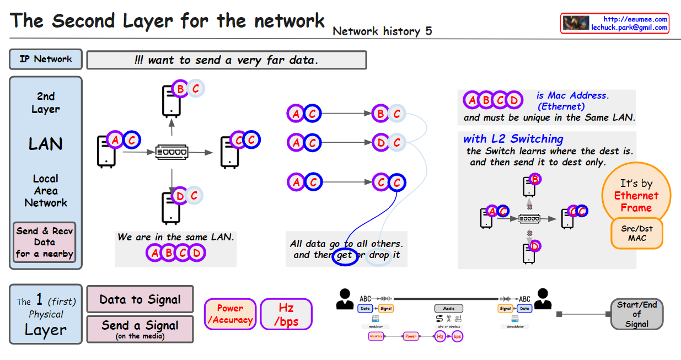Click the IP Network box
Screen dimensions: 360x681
pyautogui.click(x=46, y=59)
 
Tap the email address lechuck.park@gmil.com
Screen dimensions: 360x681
pyautogui.click(x=629, y=28)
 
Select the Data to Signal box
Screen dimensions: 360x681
pyautogui.click(x=140, y=299)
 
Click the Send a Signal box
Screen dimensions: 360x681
pyautogui.click(x=140, y=329)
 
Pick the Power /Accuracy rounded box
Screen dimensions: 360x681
pyautogui.click(x=230, y=314)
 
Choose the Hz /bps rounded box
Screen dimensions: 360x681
pyautogui.click(x=286, y=314)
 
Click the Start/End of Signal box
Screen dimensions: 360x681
pyautogui.click(x=636, y=314)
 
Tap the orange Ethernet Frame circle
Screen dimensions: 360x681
pyautogui.click(x=636, y=196)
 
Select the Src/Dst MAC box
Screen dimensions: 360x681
pyautogui.click(x=636, y=233)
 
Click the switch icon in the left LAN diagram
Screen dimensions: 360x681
pyautogui.click(x=172, y=152)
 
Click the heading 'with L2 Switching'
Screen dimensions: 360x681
pyautogui.click(x=513, y=139)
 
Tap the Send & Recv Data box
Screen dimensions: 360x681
pyautogui.click(x=45, y=242)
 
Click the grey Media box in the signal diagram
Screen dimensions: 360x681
pyautogui.click(x=448, y=309)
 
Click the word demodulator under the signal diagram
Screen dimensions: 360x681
pyautogui.click(x=516, y=326)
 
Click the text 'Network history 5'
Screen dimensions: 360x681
pyautogui.click(x=382, y=31)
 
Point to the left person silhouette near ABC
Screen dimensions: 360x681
pyautogui.click(x=345, y=299)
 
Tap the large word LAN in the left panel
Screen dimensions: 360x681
pyautogui.click(x=45, y=144)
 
